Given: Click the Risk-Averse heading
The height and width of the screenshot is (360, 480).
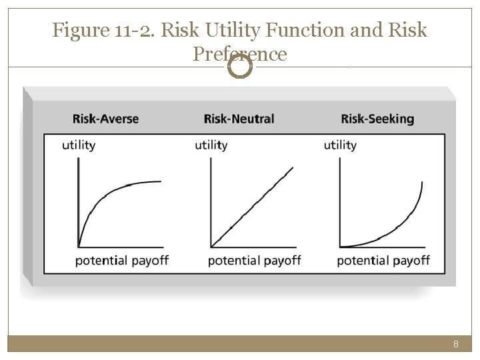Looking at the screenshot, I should point(105,119).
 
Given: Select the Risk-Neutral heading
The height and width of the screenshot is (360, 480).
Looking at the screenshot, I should point(239,119).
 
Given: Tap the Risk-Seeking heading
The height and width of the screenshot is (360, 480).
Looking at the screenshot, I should point(377,119).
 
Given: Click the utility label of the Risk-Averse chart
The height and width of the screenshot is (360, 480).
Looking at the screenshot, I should point(79,145).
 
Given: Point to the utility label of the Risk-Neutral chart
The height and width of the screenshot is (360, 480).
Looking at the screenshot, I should point(211,145).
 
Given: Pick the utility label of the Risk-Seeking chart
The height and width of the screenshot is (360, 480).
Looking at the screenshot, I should point(340,145).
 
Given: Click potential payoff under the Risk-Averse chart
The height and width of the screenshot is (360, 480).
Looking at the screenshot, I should point(122,259).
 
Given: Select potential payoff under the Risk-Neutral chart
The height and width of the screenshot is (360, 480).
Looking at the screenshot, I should point(255,259).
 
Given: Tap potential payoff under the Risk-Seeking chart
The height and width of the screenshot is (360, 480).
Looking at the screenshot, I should point(383,259).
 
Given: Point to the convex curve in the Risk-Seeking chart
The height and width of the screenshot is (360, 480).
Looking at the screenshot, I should point(393,231).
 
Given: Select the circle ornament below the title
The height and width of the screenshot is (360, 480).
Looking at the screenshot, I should point(240,66).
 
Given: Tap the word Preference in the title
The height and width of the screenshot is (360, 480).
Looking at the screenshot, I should point(240,53).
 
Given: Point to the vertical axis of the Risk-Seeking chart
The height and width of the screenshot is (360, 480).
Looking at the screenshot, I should point(340,200).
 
